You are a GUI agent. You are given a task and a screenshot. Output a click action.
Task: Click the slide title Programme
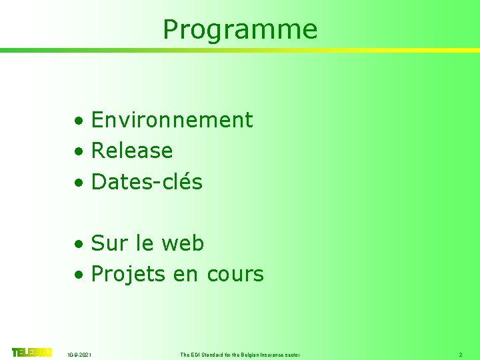coord(240,29)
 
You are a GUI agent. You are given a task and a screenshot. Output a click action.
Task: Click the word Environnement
coord(172,120)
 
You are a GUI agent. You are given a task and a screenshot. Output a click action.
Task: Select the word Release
coord(132,151)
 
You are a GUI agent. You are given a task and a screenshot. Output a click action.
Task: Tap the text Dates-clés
coord(147,181)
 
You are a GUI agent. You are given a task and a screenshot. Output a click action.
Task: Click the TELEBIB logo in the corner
coord(31,352)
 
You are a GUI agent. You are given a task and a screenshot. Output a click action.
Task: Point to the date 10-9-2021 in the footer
coord(81,355)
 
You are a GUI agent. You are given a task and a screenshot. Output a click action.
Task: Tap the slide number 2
coord(460,355)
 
